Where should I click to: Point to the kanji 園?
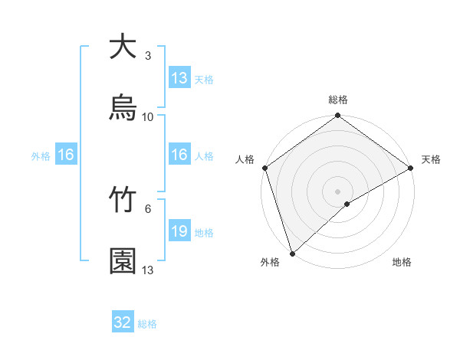123,260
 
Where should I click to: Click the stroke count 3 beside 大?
147,55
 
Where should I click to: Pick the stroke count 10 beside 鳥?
148,116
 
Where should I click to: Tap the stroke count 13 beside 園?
148,270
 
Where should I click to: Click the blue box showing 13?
179,78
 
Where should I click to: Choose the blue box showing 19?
179,231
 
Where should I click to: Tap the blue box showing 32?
123,322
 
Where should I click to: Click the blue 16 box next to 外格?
66,155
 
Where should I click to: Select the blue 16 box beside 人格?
179,155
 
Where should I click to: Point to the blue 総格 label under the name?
147,324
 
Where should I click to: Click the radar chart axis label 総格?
338,100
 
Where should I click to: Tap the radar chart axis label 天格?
431,159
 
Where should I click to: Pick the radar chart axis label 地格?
402,262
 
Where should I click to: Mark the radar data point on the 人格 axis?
264,168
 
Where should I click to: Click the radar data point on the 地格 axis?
347,204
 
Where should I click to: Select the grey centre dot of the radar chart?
337,191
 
